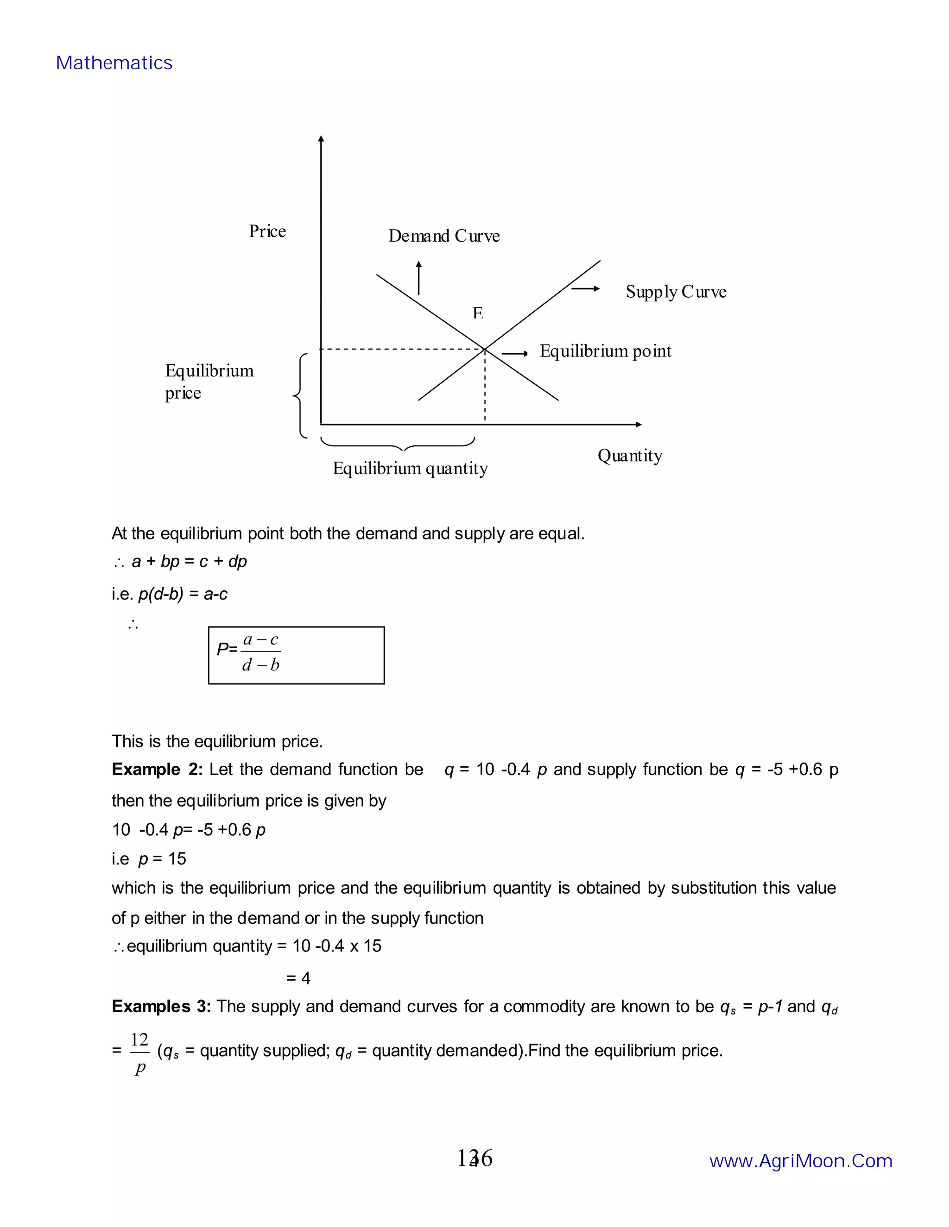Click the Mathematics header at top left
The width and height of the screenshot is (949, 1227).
pyautogui.click(x=114, y=63)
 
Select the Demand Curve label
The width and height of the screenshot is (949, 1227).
pyautogui.click(x=443, y=236)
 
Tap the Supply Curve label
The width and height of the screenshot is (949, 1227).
pyautogui.click(x=676, y=292)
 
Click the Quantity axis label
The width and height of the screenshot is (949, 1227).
pyautogui.click(x=630, y=455)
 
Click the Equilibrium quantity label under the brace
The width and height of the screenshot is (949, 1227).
pyautogui.click(x=410, y=468)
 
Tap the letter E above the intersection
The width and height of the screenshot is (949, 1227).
pyautogui.click(x=478, y=313)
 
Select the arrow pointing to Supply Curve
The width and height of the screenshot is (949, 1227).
pyautogui.click(x=585, y=289)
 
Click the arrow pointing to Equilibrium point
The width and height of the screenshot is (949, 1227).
pyautogui.click(x=514, y=353)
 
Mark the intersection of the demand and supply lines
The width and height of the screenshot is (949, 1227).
pyautogui.click(x=485, y=350)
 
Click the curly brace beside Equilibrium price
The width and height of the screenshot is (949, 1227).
pyautogui.click(x=300, y=395)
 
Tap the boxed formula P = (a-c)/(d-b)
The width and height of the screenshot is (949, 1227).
pyautogui.click(x=296, y=655)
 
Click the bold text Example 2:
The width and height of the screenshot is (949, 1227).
pyautogui.click(x=157, y=769)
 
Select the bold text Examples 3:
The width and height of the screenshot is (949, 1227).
pyautogui.click(x=161, y=1006)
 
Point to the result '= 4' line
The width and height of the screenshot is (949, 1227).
pyautogui.click(x=298, y=978)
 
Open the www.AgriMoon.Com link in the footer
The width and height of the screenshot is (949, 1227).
pyautogui.click(x=801, y=1161)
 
